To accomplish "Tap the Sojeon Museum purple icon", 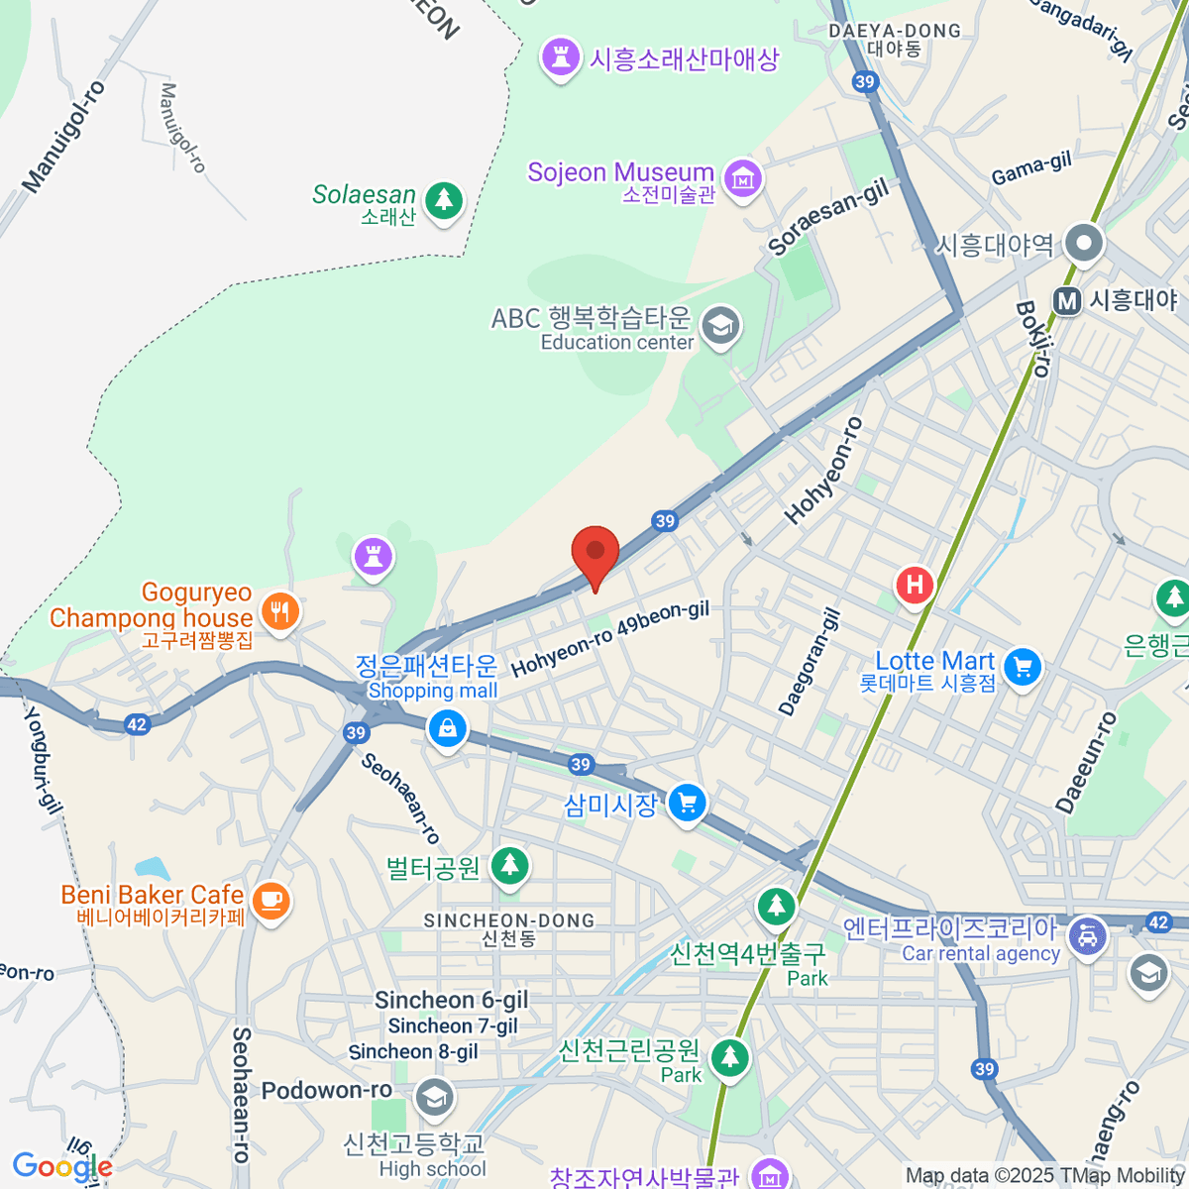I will (742, 178).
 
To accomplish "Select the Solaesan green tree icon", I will (444, 200).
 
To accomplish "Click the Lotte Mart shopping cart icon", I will (1023, 667).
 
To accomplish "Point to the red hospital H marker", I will (915, 585).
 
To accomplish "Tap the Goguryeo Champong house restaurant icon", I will (281, 611).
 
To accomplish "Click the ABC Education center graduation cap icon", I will (720, 325).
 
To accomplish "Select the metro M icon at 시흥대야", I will (1067, 300).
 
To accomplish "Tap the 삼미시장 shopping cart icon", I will (687, 803).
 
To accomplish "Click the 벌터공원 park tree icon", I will (510, 866).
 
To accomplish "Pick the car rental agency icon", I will (1087, 934).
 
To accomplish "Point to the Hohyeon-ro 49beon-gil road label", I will (610, 639).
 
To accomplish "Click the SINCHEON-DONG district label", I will (509, 921).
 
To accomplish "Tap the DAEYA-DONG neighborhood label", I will (895, 32).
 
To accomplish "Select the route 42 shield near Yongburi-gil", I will (137, 724).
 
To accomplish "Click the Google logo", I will (61, 1166).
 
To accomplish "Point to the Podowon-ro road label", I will (327, 1091).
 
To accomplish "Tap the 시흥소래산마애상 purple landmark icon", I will (561, 57).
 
